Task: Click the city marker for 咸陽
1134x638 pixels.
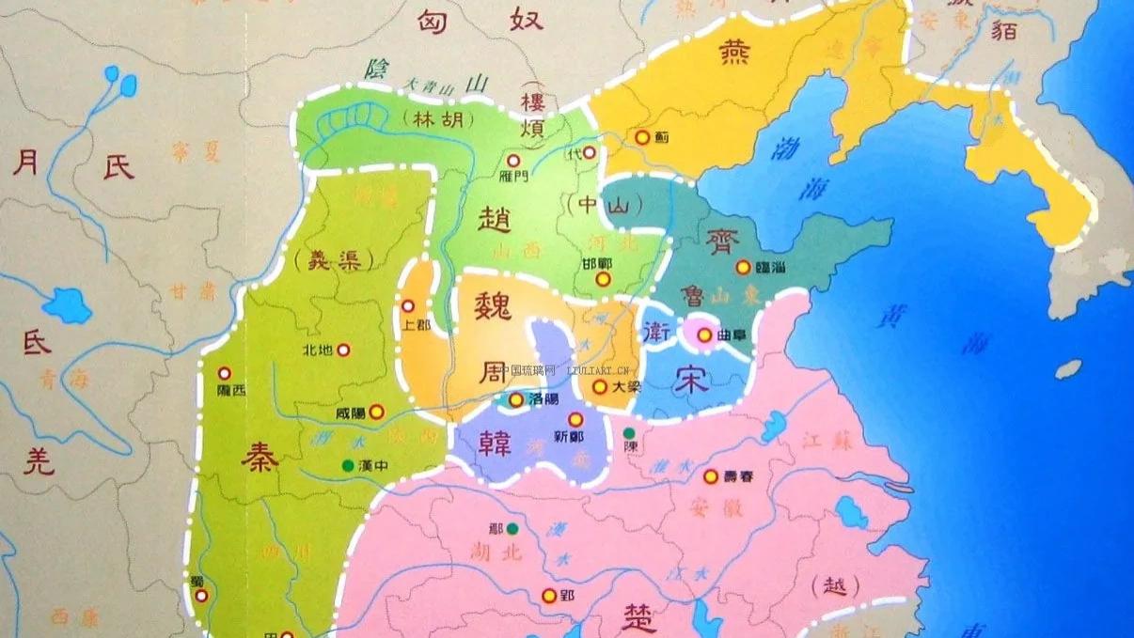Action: (376, 411)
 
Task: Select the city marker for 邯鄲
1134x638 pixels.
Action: (605, 279)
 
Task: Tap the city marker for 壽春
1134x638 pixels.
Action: (711, 476)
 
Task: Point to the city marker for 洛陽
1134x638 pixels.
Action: (516, 400)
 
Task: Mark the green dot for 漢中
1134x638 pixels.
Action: (349, 464)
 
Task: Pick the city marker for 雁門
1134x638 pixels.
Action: (514, 161)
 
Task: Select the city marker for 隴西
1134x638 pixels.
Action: (225, 373)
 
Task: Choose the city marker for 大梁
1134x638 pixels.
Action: (599, 386)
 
